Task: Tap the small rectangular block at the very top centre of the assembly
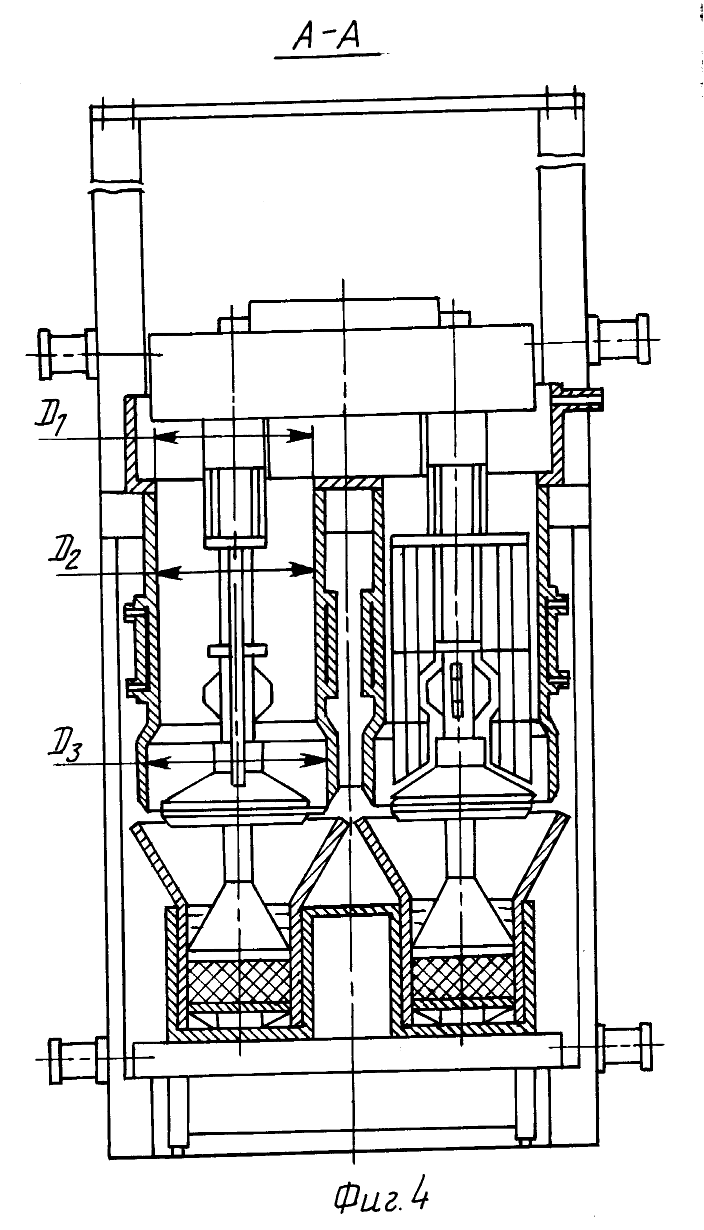(344, 314)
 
